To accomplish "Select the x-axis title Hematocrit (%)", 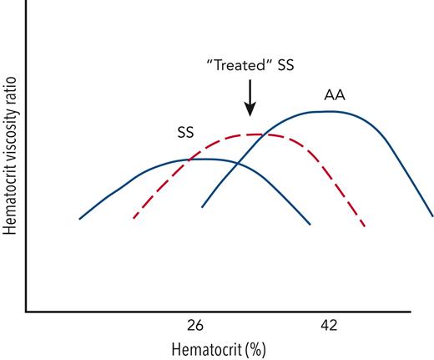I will (x=220, y=348).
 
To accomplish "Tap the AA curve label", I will (x=334, y=95).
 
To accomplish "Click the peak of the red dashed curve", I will (x=255, y=134).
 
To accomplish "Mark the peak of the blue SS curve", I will (x=204, y=159).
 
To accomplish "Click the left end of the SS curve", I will (x=79, y=219).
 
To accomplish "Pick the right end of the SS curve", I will (x=310, y=224).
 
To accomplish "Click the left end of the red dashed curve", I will (x=134, y=218).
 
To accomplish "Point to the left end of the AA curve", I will (x=202, y=207).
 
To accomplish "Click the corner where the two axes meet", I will (x=26, y=312).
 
